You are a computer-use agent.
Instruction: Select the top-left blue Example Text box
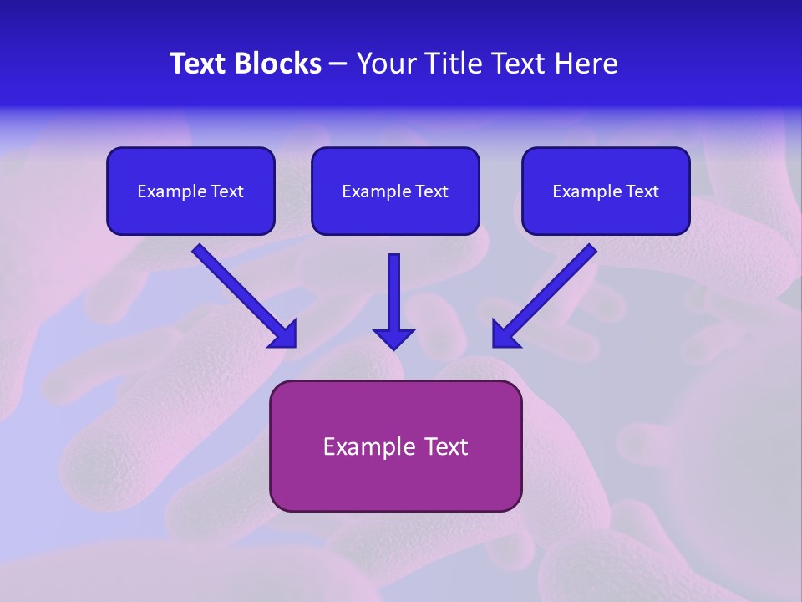[190, 191]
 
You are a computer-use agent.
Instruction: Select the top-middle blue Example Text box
[395, 191]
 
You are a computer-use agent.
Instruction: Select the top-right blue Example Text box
[606, 191]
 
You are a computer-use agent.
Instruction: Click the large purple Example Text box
[395, 446]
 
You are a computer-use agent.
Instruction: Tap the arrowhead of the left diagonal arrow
[284, 334]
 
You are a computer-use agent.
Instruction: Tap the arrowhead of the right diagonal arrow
[505, 334]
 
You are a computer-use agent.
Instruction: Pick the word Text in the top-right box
[642, 191]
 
